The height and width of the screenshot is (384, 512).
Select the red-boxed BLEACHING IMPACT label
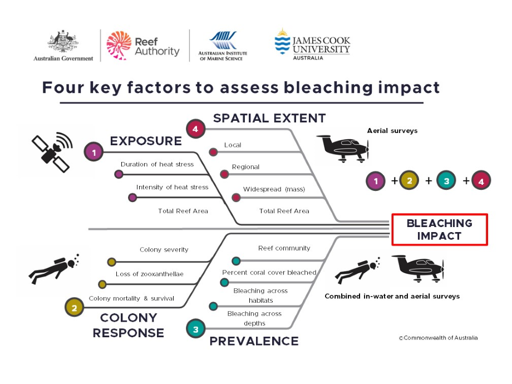tap(439, 229)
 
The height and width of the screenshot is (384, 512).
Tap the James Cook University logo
tap(312, 45)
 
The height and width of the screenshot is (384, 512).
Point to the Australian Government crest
tap(63, 43)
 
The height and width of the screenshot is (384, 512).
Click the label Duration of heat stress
tap(157, 164)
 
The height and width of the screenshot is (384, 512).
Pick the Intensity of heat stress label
tap(173, 188)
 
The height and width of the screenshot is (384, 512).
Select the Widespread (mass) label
tap(274, 189)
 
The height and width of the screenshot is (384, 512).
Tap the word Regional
tap(245, 167)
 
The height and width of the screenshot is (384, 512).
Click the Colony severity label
tap(164, 250)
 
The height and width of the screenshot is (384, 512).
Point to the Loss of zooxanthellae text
tap(150, 274)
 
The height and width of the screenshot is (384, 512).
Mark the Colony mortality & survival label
tap(131, 298)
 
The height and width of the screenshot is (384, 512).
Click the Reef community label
tap(284, 248)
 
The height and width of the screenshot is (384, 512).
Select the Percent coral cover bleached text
tap(269, 273)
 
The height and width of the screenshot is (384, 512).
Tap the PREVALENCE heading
tap(254, 341)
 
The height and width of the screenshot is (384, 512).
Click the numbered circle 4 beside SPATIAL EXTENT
tap(195, 129)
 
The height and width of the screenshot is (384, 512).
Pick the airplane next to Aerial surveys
tap(343, 147)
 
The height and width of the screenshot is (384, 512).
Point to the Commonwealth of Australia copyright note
tap(438, 338)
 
